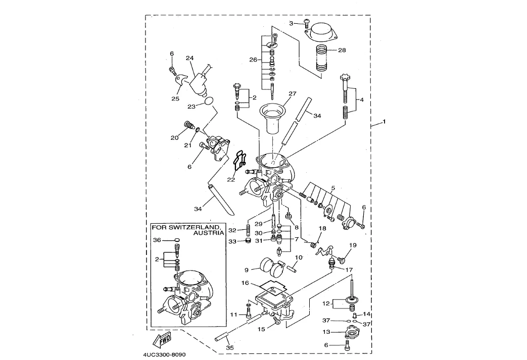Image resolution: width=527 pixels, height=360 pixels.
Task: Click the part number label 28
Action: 342,50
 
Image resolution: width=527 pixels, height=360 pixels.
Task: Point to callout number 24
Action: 190,59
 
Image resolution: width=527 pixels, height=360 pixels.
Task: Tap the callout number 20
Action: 174,137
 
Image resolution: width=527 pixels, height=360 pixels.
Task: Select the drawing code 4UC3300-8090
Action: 165,354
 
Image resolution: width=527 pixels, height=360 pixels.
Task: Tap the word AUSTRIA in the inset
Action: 209,234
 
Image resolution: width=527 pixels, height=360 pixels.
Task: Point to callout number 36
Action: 157,240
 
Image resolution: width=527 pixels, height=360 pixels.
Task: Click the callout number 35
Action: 230,348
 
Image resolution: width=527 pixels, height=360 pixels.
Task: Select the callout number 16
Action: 245,283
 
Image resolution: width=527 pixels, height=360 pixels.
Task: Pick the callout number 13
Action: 326,332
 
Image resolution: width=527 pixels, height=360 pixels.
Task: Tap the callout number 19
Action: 353,245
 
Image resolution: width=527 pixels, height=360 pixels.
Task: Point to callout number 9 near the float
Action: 247,270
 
